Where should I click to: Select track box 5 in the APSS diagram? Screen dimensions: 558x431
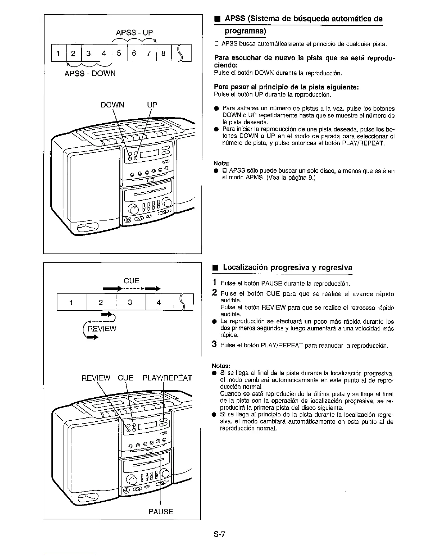tap(119, 54)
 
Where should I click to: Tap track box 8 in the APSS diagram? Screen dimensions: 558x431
tap(163, 54)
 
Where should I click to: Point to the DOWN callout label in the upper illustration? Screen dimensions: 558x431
tap(112, 105)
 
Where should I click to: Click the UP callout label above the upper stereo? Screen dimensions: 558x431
tap(152, 105)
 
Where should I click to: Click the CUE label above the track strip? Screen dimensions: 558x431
tap(132, 281)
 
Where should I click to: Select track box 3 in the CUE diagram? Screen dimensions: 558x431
tap(130, 302)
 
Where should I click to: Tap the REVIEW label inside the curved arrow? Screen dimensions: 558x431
tap(102, 329)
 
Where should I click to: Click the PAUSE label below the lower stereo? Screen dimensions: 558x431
tap(161, 512)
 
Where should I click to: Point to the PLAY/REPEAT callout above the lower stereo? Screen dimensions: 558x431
tap(167, 378)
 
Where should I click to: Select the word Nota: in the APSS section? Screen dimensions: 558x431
tap(221, 163)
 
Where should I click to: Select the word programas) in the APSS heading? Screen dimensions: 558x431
tap(245, 31)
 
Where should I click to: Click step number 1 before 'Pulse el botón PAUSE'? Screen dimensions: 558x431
tap(214, 283)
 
